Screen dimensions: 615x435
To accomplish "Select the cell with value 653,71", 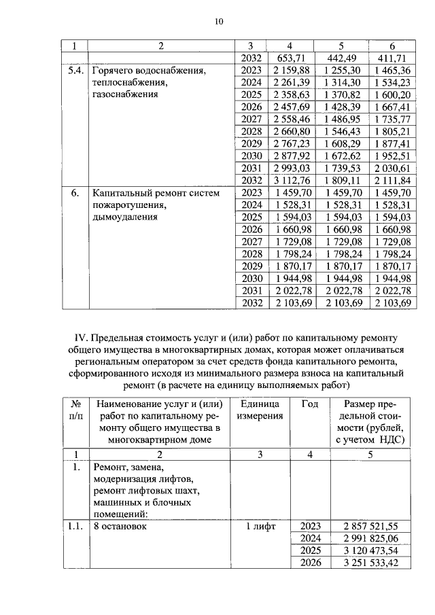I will point(294,58).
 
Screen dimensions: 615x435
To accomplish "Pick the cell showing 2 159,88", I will point(294,70).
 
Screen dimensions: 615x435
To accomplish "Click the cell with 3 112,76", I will point(294,180).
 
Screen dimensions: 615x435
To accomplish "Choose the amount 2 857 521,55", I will point(370,526).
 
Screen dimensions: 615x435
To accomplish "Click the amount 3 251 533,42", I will point(370,563).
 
